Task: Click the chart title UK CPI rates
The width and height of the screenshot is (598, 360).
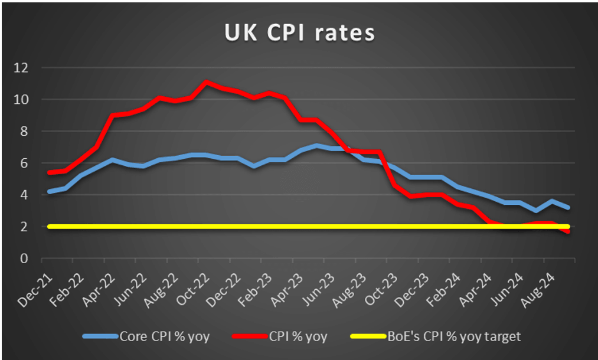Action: point(299,32)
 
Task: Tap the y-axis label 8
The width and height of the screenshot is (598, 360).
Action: point(24,132)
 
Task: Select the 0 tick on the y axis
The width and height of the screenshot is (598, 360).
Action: point(24,258)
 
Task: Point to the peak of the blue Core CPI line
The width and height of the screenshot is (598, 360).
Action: point(317,145)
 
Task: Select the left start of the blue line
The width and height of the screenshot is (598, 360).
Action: point(49,191)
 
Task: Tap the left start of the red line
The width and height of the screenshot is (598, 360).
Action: point(49,172)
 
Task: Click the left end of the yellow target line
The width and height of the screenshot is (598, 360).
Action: point(49,227)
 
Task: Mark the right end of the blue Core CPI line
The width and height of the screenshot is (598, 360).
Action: point(568,207)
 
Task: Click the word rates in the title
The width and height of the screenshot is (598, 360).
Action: point(343,33)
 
